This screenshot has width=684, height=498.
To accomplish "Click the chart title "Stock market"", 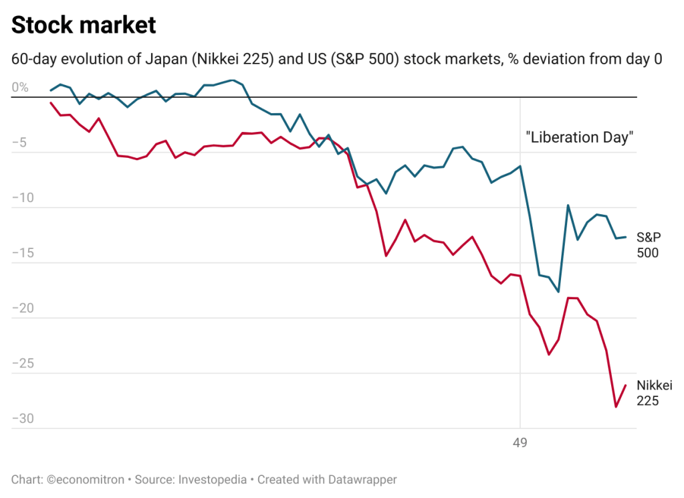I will (84, 26).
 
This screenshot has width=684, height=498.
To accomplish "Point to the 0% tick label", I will (20, 88).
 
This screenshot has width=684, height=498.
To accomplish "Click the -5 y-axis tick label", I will (21, 143).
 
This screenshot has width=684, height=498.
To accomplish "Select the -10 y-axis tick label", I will (23, 198).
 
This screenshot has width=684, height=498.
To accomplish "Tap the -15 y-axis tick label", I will (23, 253).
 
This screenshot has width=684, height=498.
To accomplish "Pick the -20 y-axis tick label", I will (23, 309).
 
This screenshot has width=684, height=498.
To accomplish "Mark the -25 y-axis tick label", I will (23, 363).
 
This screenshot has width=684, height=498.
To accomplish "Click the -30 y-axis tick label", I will (23, 419).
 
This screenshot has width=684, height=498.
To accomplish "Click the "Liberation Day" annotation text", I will (580, 138).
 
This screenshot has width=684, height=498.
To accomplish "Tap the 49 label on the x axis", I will (520, 442).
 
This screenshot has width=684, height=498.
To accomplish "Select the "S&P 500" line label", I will (648, 245).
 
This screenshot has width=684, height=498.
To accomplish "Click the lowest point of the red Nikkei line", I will (616, 406).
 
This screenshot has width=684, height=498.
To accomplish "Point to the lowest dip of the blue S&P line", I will (559, 291).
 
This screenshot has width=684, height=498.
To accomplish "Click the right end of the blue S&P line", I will (625, 237).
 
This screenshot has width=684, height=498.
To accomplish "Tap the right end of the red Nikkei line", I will (625, 385).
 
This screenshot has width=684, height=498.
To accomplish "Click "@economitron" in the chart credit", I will (85, 479).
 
